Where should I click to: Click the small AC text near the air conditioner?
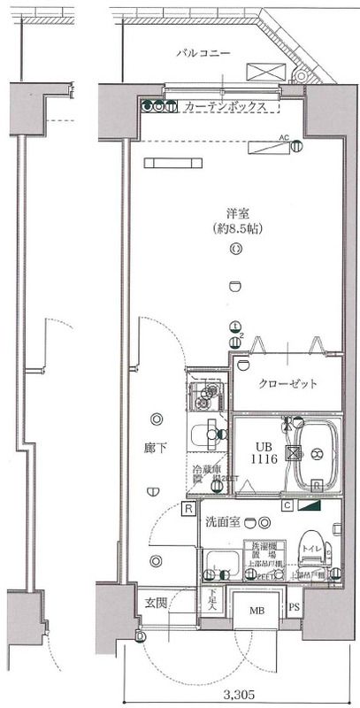tap(284, 137)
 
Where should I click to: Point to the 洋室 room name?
tap(235, 213)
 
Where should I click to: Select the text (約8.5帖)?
tap(235, 229)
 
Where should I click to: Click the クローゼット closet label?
tap(287, 384)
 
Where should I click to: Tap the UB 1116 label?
tap(267, 454)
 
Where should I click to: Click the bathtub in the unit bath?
tap(316, 457)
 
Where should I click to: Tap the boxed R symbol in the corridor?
tap(188, 509)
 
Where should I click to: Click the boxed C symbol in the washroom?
tap(288, 506)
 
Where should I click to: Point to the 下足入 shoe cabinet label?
tap(212, 600)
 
